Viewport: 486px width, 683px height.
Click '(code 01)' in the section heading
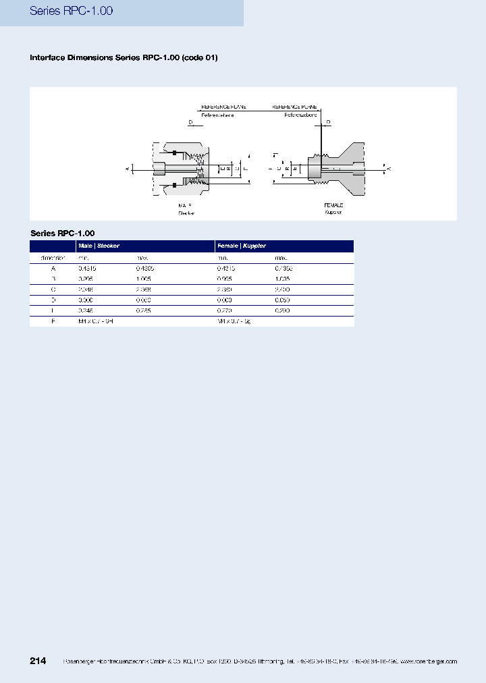[x=200, y=58]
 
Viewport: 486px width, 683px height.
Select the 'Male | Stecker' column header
[x=99, y=246]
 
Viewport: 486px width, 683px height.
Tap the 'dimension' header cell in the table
[x=53, y=258]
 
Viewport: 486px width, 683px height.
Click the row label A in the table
[x=53, y=268]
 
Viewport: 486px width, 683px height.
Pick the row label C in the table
[x=53, y=290]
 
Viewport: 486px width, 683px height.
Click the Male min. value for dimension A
[x=87, y=268]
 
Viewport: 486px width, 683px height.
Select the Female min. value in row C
[x=225, y=290]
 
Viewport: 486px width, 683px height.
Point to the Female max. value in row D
[x=283, y=300]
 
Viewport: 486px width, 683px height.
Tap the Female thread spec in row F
[x=234, y=322]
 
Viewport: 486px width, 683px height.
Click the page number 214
[x=38, y=661]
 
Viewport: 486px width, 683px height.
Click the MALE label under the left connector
[x=186, y=204]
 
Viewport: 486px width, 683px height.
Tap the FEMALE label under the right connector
[x=333, y=204]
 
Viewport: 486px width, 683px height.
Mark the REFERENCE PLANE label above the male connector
[x=223, y=107]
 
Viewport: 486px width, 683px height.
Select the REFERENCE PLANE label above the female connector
[x=294, y=107]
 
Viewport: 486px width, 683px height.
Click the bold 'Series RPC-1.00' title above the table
[x=57, y=233]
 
